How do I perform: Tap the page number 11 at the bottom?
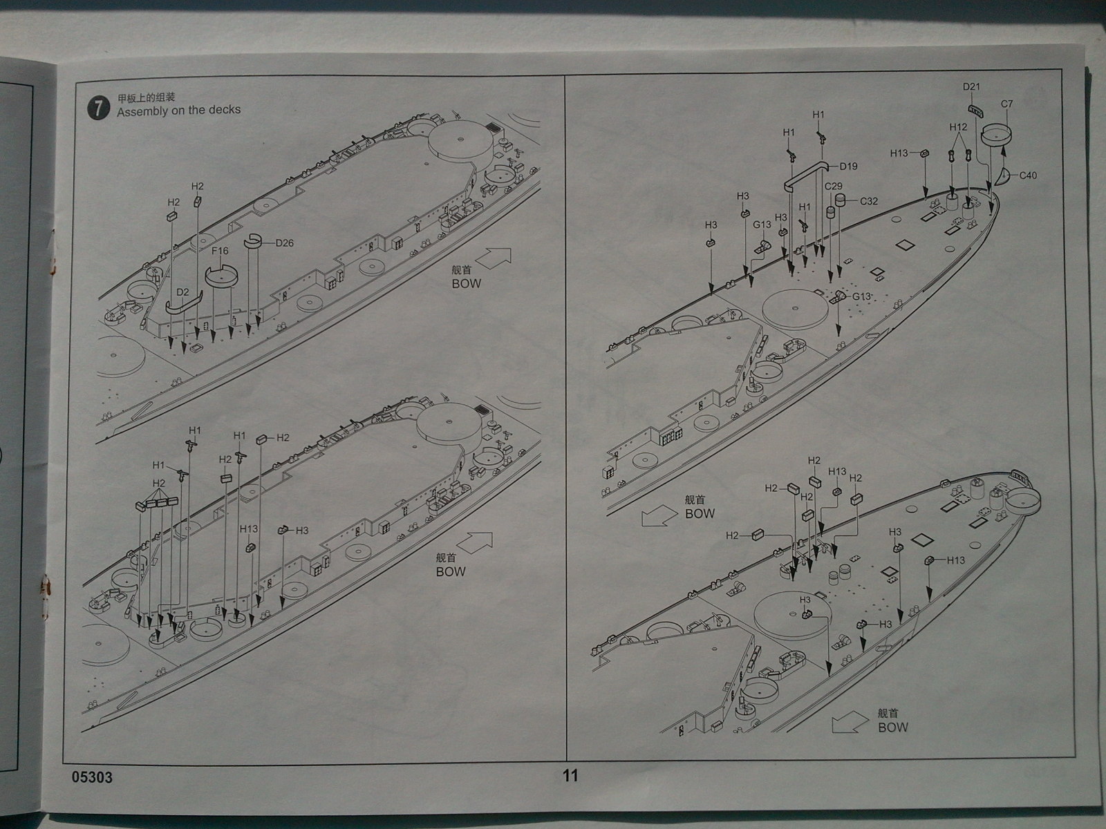coord(570,776)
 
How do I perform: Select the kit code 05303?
coord(91,777)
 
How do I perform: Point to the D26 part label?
coord(284,242)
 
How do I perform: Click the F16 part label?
coord(220,251)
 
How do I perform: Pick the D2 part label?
coord(182,292)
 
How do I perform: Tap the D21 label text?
coord(972,87)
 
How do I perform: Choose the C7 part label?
coord(1006,104)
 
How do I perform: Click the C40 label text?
coord(1028,175)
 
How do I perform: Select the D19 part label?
coord(848,166)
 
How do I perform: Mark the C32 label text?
coord(868,201)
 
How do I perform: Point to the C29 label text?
coord(833,187)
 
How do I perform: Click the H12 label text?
coord(958,127)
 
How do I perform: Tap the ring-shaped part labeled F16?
coord(222,276)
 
